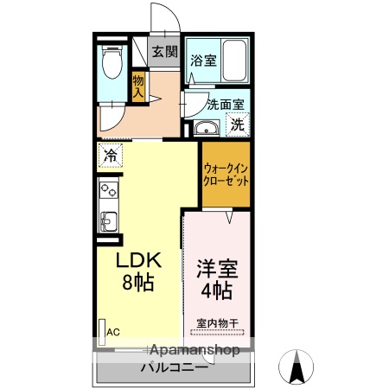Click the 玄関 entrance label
coord(164,52)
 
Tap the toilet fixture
coord(111,61)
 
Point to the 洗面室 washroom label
coord(226,104)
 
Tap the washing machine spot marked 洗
coord(237,124)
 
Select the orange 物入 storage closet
coord(138,84)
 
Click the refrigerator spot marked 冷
coord(111,156)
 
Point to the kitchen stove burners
coord(109,189)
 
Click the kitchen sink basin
coord(109,220)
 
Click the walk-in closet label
coord(226,175)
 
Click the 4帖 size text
coord(219,290)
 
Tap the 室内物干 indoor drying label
coord(217,323)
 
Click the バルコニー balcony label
coord(174,367)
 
